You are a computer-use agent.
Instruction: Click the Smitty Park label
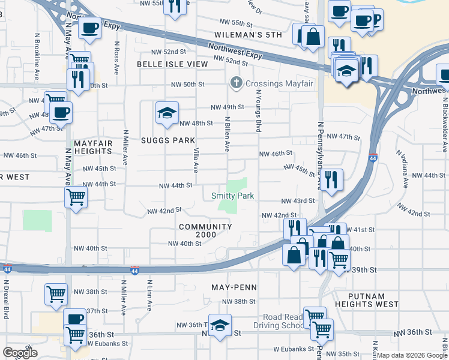[232, 196]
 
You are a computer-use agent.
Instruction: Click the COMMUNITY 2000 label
[205, 230]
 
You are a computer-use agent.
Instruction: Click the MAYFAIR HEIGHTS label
[93, 148]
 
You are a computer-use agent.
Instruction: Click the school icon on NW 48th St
[167, 112]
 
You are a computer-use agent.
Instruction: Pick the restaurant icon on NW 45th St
[331, 179]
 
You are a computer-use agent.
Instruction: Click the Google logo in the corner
[20, 353]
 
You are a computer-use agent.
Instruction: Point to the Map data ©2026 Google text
[412, 355]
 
